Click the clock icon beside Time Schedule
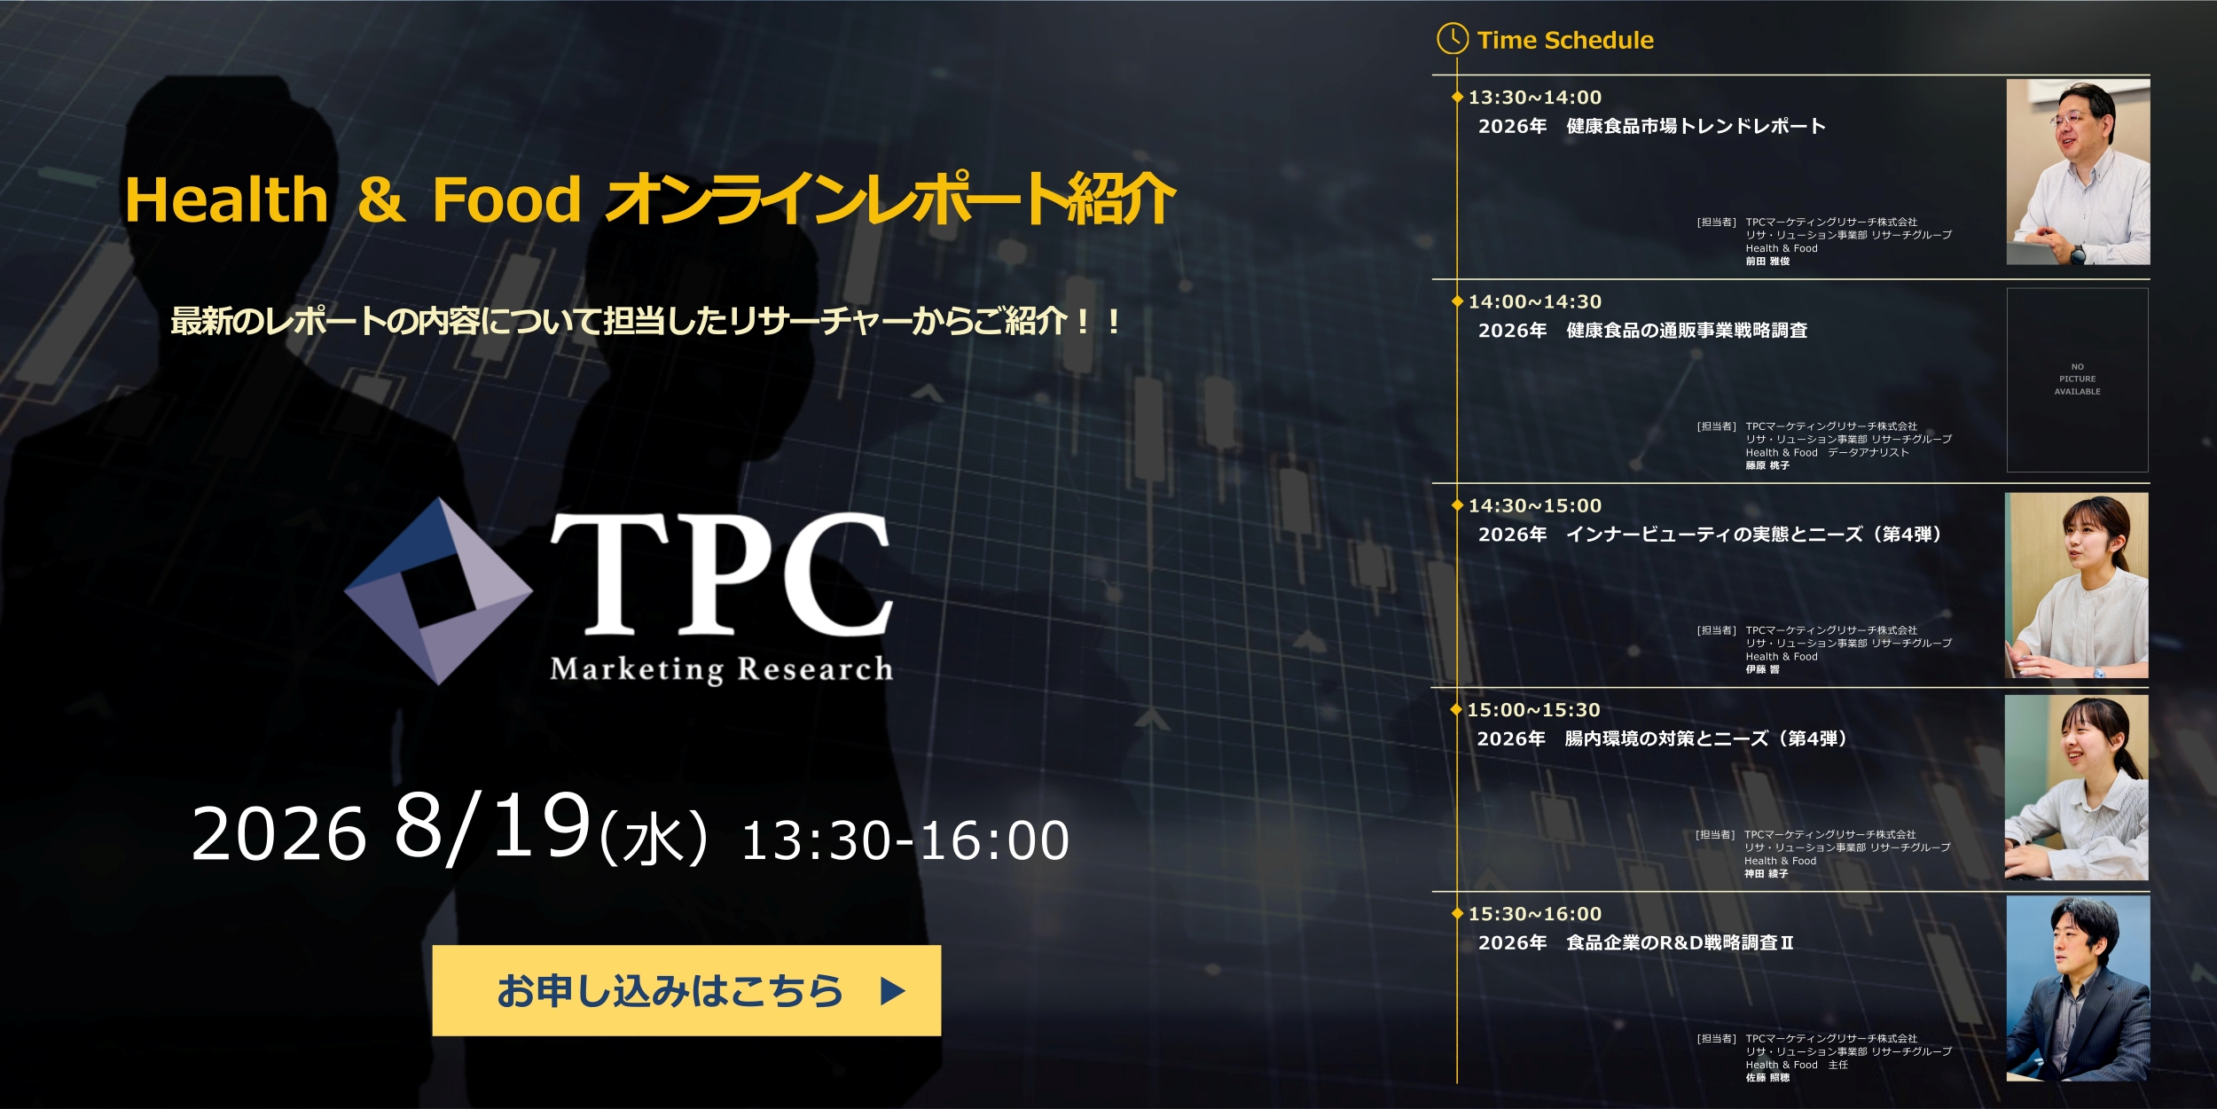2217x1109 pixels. pyautogui.click(x=1453, y=38)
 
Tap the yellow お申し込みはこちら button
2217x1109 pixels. pyautogui.click(x=686, y=990)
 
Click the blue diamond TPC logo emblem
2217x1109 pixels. pyautogui.click(x=438, y=591)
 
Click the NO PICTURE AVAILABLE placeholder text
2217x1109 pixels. pyautogui.click(x=2078, y=379)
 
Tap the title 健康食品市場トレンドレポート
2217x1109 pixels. pyautogui.click(x=1696, y=126)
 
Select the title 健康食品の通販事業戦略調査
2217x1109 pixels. pyautogui.click(x=1687, y=331)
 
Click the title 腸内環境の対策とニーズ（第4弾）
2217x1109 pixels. pyautogui.click(x=1706, y=738)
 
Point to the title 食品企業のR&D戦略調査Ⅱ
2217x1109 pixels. pyautogui.click(x=1680, y=942)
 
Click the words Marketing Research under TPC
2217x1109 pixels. pyautogui.click(x=721, y=669)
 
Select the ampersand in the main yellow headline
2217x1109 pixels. pyautogui.click(x=380, y=199)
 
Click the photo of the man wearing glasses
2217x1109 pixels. pyautogui.click(x=2078, y=172)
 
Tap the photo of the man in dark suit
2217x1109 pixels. pyautogui.click(x=2078, y=988)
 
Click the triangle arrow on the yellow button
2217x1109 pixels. pyautogui.click(x=892, y=990)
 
